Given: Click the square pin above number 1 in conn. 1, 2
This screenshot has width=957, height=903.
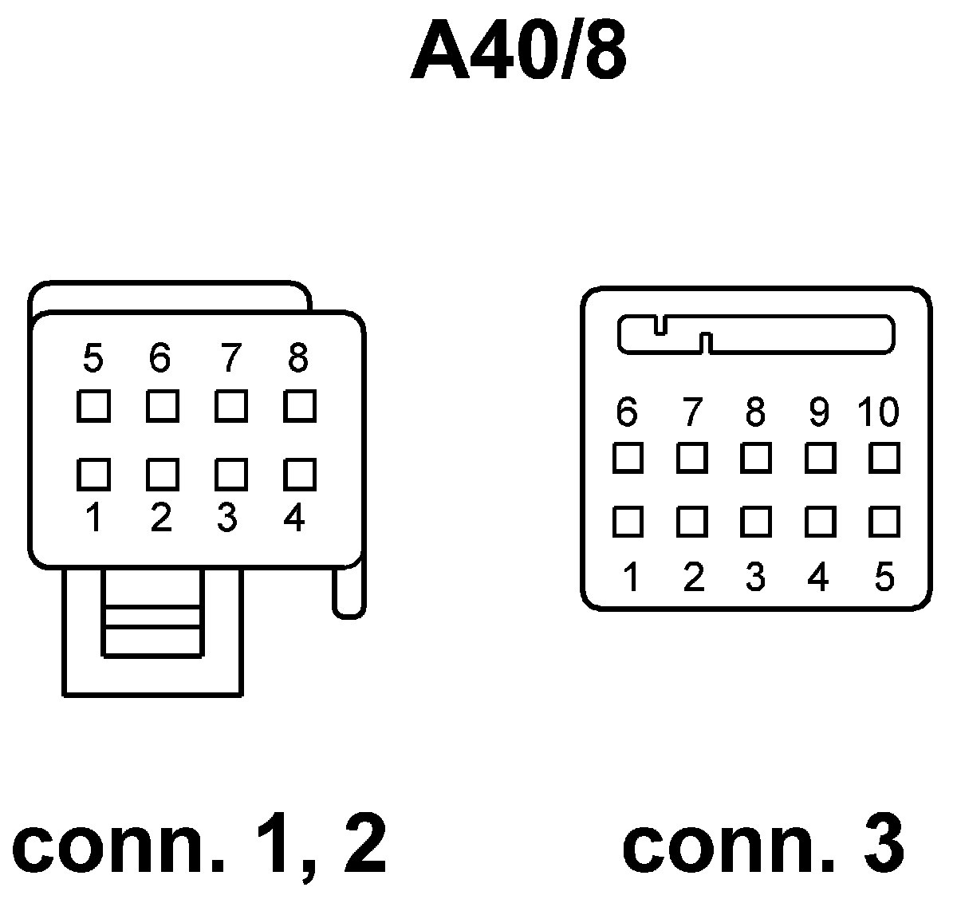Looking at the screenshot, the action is click(x=93, y=474).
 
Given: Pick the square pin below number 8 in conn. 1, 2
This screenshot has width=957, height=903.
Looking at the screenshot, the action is click(x=299, y=407).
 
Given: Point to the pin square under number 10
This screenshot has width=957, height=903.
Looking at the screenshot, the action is click(x=884, y=458).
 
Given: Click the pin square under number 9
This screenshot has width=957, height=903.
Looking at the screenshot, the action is click(x=820, y=458).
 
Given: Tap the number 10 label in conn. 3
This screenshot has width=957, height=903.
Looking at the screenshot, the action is click(x=878, y=412).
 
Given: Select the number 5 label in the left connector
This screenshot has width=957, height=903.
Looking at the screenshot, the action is click(x=93, y=359).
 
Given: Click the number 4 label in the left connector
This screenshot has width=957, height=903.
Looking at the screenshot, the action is click(x=294, y=519).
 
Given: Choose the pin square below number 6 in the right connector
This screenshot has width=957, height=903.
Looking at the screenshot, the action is click(x=628, y=458).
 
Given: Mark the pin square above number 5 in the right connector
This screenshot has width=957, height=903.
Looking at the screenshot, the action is click(x=884, y=522).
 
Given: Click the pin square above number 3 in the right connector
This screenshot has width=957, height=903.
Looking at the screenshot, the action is click(x=755, y=522).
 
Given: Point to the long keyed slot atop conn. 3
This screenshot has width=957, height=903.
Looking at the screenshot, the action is click(x=756, y=335).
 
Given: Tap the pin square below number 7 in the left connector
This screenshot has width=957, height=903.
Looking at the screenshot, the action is click(x=230, y=407).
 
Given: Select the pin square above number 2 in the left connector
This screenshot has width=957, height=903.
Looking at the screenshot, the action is click(x=162, y=474).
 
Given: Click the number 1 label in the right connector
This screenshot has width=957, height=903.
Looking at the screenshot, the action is click(x=630, y=576).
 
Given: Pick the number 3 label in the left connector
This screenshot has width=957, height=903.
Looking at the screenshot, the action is click(x=227, y=519).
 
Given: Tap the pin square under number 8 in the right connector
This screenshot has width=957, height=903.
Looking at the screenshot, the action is click(x=755, y=458).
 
